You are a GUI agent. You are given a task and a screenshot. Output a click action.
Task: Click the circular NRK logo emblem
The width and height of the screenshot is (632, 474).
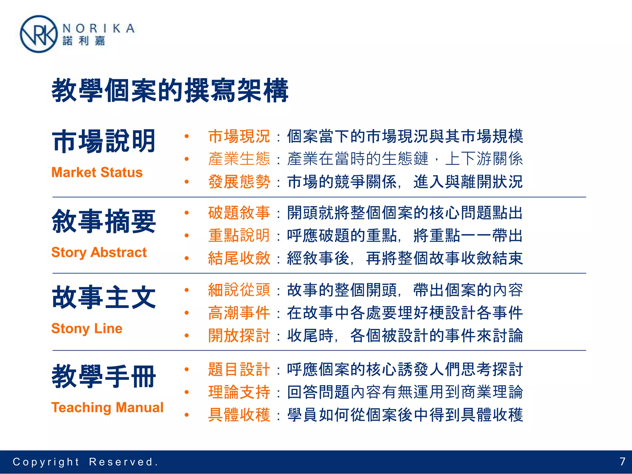pos(39,34)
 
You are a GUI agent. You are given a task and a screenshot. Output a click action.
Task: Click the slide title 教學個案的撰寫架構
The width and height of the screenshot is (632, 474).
pos(170,90)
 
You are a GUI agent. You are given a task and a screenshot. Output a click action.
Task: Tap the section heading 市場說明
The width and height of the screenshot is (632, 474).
pos(104,141)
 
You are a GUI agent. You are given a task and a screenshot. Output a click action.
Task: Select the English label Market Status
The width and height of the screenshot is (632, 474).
pos(97,173)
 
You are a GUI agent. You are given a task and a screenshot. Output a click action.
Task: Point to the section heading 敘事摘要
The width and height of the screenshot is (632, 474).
pos(104,221)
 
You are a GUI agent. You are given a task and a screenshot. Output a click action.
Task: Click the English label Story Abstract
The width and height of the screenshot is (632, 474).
pos(99,252)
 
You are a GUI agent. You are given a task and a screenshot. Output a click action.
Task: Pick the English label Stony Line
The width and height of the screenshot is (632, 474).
pos(87,328)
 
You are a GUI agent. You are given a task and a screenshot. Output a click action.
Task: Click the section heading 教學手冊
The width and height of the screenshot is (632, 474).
pos(104,376)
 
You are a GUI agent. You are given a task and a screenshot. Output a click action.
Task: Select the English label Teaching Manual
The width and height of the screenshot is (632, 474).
pos(107,407)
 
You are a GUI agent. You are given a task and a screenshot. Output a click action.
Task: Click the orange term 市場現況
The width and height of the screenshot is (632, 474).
pos(239,136)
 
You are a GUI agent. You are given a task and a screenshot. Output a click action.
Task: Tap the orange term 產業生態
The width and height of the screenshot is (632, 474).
pos(239,159)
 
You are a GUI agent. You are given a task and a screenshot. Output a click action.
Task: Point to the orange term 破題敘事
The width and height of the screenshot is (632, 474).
pos(239,213)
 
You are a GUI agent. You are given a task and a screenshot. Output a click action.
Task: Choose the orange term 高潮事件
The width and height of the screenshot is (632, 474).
pos(239,313)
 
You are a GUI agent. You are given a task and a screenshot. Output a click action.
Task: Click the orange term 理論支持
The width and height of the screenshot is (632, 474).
pos(239,392)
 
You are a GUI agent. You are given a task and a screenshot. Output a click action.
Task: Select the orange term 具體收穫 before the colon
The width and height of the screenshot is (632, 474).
pos(239,415)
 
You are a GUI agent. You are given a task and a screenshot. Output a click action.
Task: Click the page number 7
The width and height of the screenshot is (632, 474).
pos(622,462)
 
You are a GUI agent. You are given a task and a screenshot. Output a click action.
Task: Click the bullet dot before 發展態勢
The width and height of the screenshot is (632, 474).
pos(187,182)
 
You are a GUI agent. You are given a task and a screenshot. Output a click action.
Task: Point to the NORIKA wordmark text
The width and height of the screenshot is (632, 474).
pos(98,28)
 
